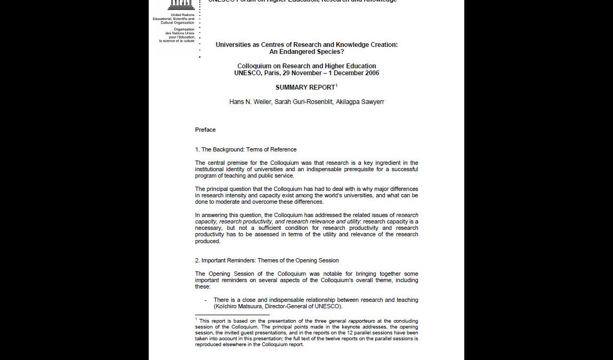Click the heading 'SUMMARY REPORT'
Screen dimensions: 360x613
click(305, 87)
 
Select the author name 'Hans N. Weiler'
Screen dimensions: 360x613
click(251, 102)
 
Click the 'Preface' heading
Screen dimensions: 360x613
click(205, 130)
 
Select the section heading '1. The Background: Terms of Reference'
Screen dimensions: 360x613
click(246, 149)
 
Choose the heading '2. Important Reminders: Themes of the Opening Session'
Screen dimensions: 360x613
click(267, 260)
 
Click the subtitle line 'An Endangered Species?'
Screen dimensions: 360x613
click(307, 52)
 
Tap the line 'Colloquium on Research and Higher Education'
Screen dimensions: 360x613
click(307, 66)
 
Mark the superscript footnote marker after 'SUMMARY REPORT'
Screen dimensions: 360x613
click(336, 85)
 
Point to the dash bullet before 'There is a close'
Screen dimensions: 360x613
click(205, 300)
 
